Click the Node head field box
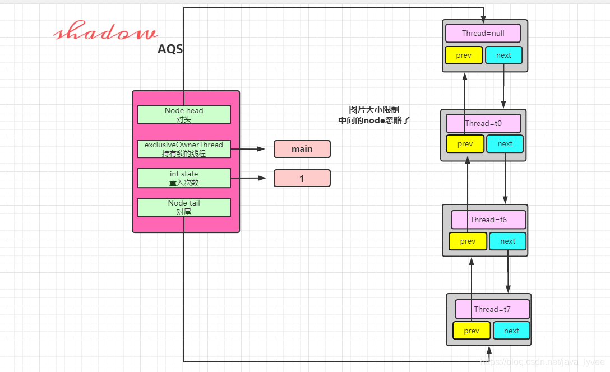click(x=184, y=115)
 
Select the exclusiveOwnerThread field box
click(x=184, y=149)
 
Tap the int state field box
click(x=184, y=178)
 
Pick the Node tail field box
click(x=184, y=207)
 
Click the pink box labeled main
click(x=302, y=149)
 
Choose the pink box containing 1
click(x=302, y=178)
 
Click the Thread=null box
click(x=483, y=34)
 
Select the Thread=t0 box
click(x=483, y=123)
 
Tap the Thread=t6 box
click(x=488, y=220)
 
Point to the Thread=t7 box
click(x=492, y=309)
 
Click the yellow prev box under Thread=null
click(x=464, y=55)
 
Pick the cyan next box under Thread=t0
click(x=505, y=144)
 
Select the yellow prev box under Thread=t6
click(x=468, y=241)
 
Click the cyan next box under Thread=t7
click(x=511, y=331)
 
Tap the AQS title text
click(x=170, y=49)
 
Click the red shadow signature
click(x=105, y=31)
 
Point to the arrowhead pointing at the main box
click(x=261, y=149)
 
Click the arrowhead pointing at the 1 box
click(x=262, y=178)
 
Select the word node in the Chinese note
click(x=375, y=120)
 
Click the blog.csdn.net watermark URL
click(x=543, y=362)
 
